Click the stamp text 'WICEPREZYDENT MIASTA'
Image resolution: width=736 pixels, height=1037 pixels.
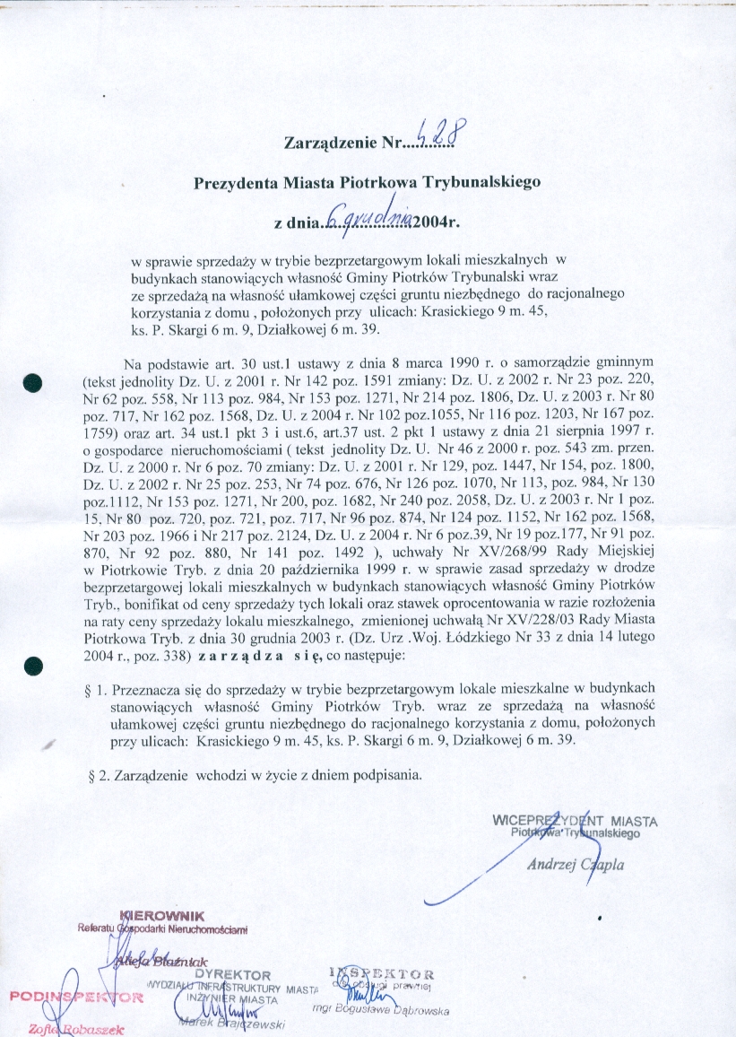[575, 820]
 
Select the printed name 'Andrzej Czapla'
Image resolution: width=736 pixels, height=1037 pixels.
[575, 865]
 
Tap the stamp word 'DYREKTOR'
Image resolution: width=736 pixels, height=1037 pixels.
[233, 975]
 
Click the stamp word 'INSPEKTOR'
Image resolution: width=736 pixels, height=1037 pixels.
[382, 973]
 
